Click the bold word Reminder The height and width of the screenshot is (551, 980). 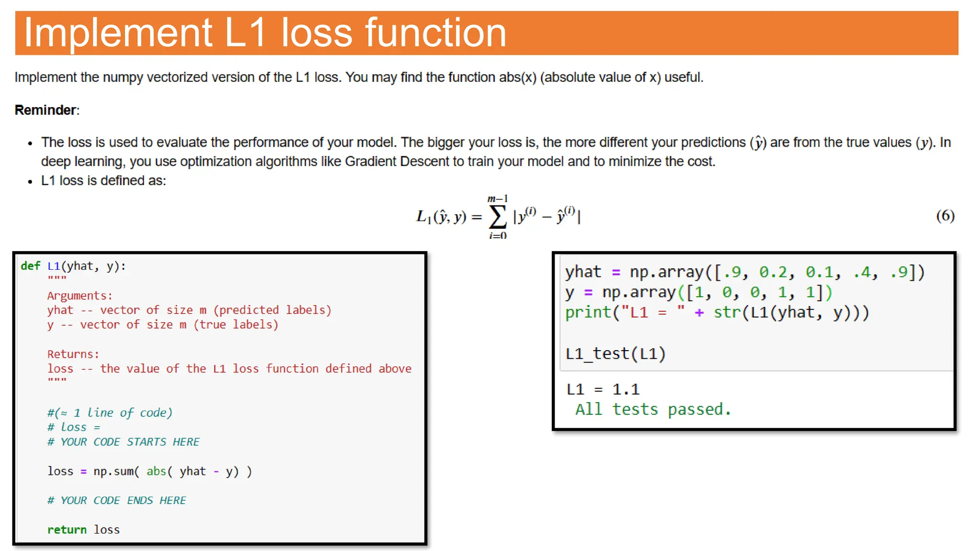45,110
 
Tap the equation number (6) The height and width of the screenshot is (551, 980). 945,216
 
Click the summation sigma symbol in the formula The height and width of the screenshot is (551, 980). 498,218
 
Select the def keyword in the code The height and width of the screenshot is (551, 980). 31,266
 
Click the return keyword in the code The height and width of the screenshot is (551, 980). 67,529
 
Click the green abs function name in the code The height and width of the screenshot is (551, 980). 156,471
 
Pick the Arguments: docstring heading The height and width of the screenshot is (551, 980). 79,296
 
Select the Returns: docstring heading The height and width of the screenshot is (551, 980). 73,354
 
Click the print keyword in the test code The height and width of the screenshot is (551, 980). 588,312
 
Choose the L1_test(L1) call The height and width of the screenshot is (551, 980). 615,353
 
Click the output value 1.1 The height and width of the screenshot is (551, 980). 626,389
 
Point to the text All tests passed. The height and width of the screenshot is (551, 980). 653,409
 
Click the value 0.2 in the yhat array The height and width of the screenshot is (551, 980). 773,272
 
